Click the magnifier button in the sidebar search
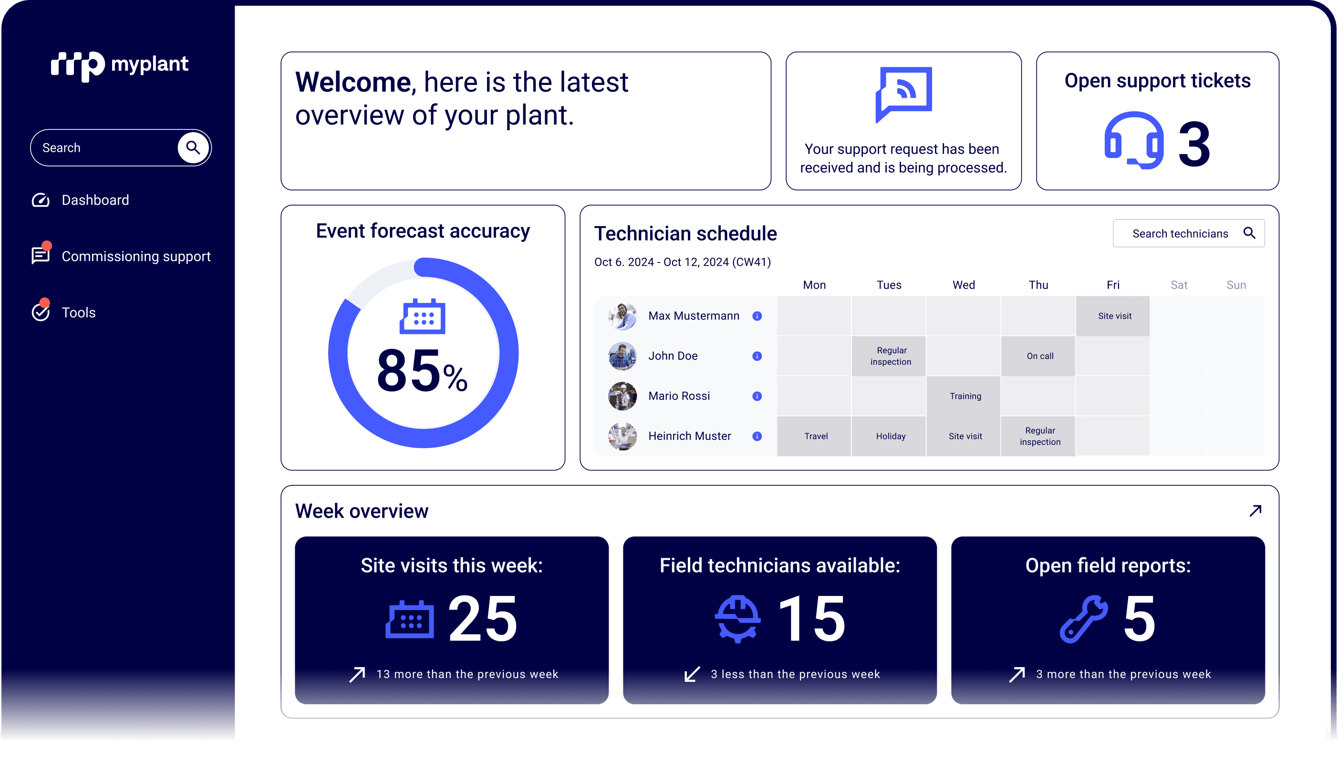[x=193, y=147]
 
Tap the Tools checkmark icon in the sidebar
[x=41, y=311]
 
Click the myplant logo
[x=119, y=65]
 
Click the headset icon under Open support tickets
[x=1133, y=141]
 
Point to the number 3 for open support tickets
[x=1194, y=144]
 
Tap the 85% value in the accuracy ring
[x=422, y=371]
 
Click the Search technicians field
[x=1188, y=233]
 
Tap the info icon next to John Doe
[x=757, y=356]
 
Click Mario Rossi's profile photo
[x=622, y=396]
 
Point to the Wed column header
[x=964, y=285]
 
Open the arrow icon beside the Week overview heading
[x=1255, y=511]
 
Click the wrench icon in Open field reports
[x=1083, y=619]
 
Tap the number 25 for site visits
[x=483, y=618]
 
